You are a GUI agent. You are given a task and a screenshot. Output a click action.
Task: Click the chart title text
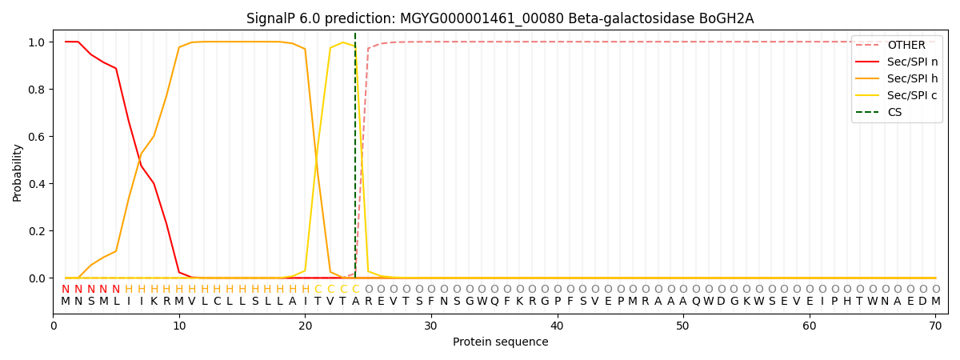pos(500,18)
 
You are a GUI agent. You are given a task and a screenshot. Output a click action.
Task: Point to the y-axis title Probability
pos(18,172)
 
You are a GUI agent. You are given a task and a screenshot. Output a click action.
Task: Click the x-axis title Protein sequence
pos(500,342)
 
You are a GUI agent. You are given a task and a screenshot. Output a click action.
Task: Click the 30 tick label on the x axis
pos(430,326)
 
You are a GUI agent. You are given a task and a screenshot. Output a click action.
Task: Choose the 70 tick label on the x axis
pos(934,326)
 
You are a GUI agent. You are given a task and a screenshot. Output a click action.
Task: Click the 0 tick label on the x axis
pos(54,326)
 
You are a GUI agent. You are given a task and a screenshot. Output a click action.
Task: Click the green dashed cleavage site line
pos(355,160)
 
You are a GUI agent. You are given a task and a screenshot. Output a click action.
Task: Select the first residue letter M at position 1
pos(66,302)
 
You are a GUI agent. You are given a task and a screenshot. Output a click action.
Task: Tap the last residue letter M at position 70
pos(935,302)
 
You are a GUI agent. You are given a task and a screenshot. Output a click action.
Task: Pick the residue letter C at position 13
pos(217,302)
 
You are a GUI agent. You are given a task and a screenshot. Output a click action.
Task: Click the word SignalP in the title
pos(272,18)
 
